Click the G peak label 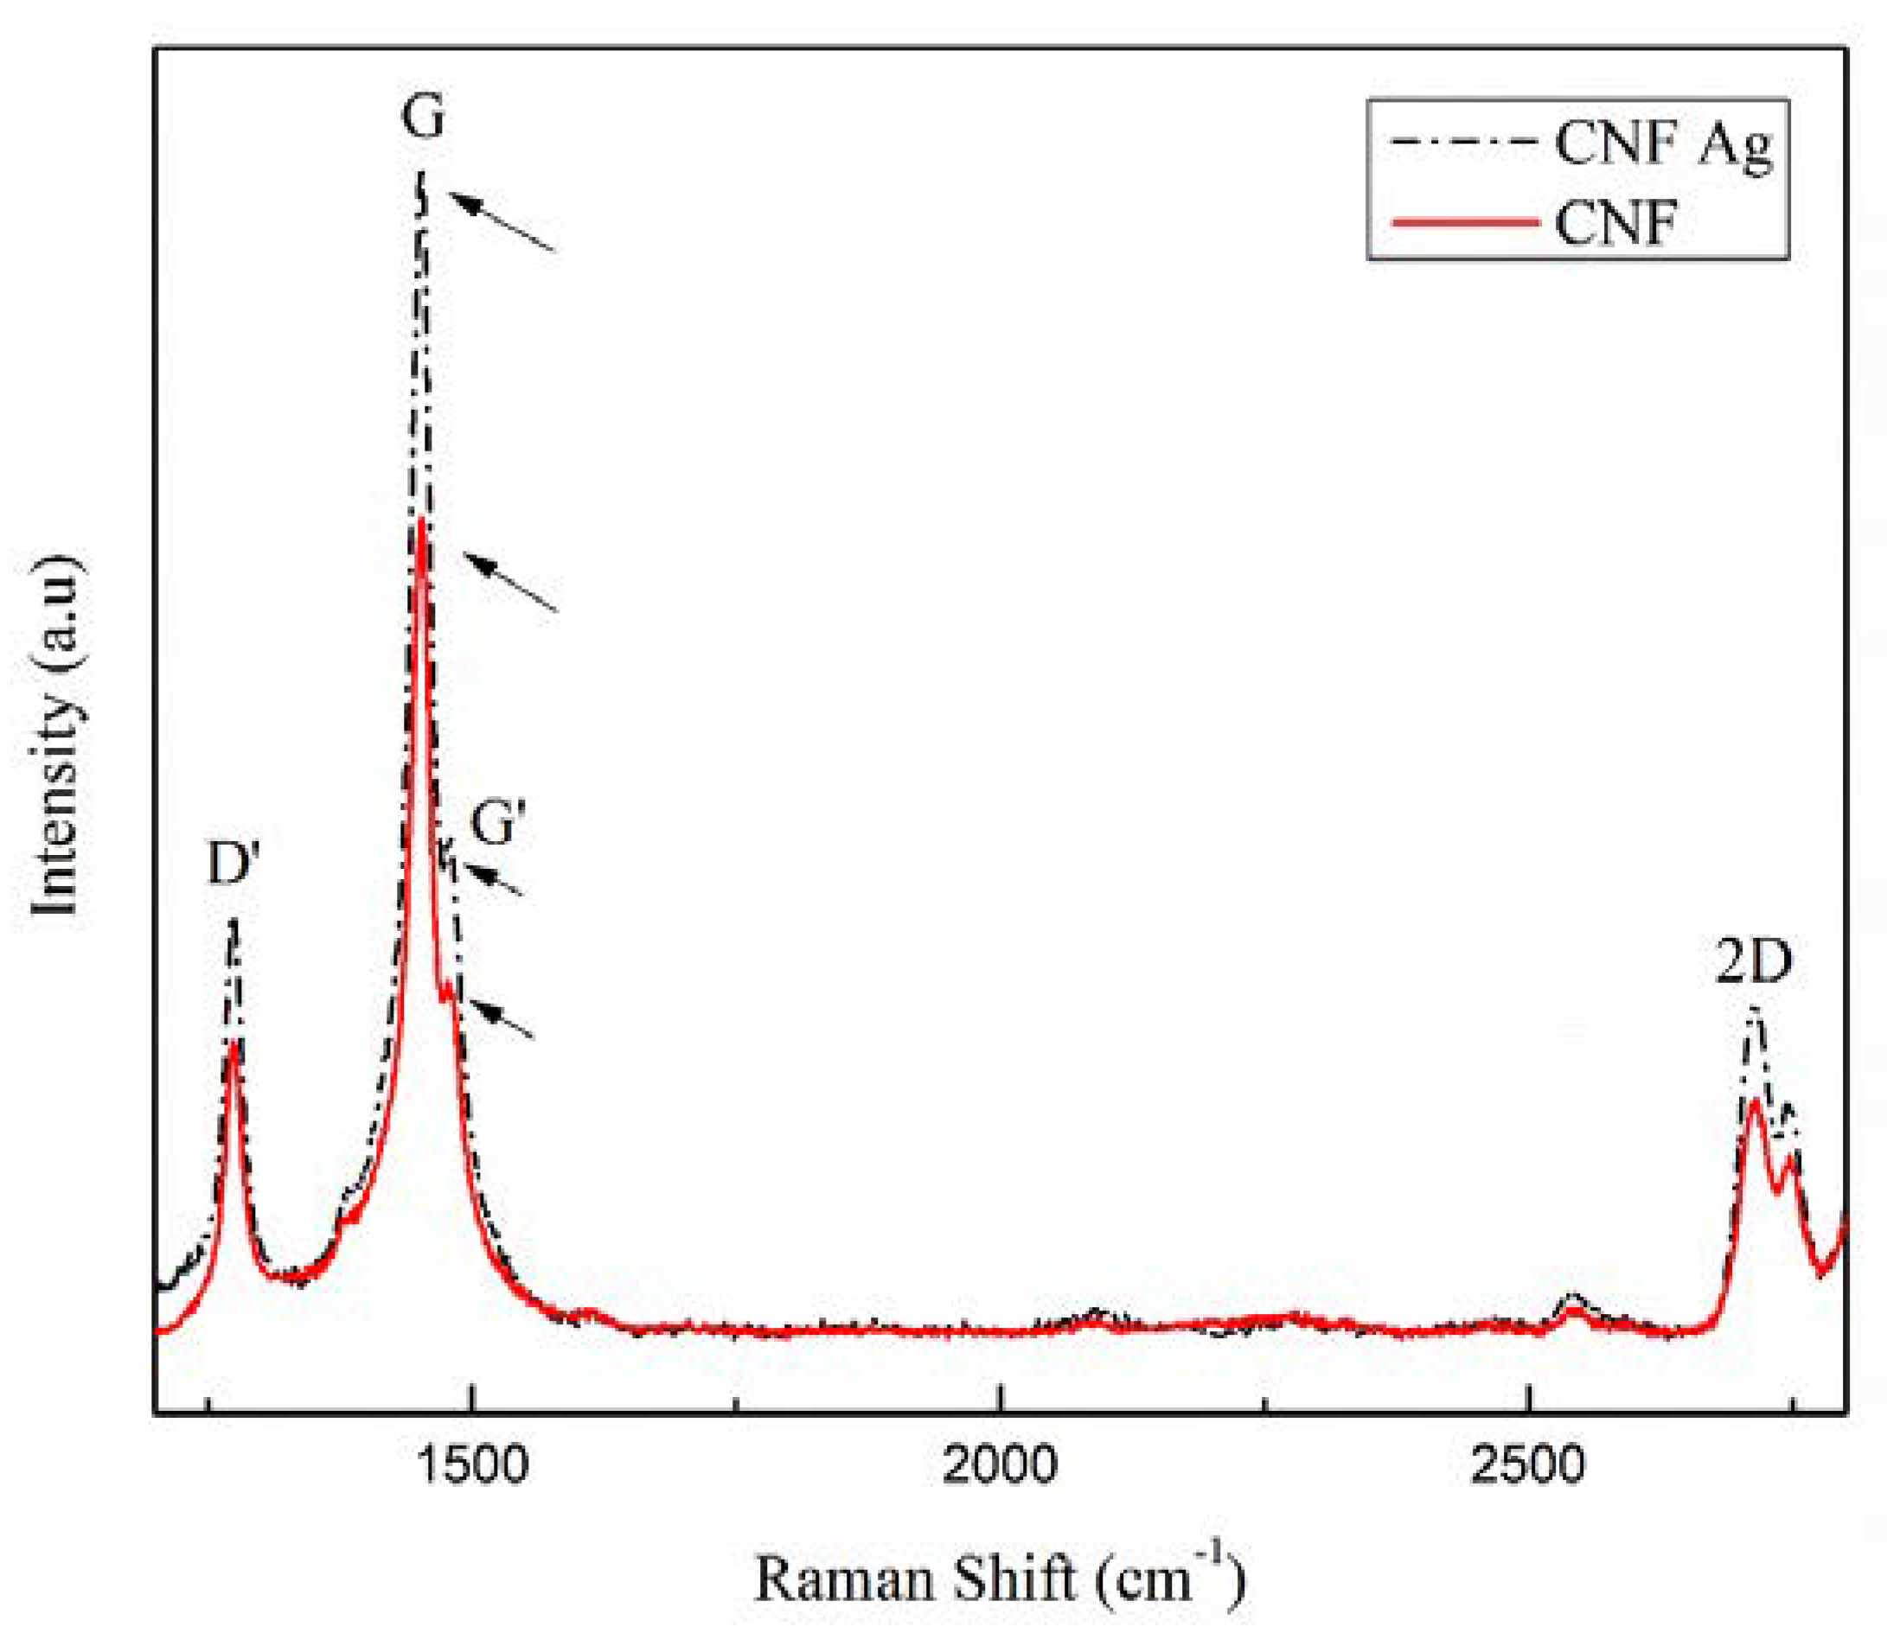click(423, 118)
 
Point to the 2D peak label click(1754, 963)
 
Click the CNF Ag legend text click(1664, 144)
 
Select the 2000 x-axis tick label click(1000, 1464)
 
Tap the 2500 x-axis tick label click(1528, 1464)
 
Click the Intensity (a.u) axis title click(55, 735)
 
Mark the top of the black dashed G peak click(422, 175)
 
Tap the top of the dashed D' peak click(233, 922)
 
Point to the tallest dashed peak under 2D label click(1754, 1011)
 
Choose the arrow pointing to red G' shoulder click(502, 1018)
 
